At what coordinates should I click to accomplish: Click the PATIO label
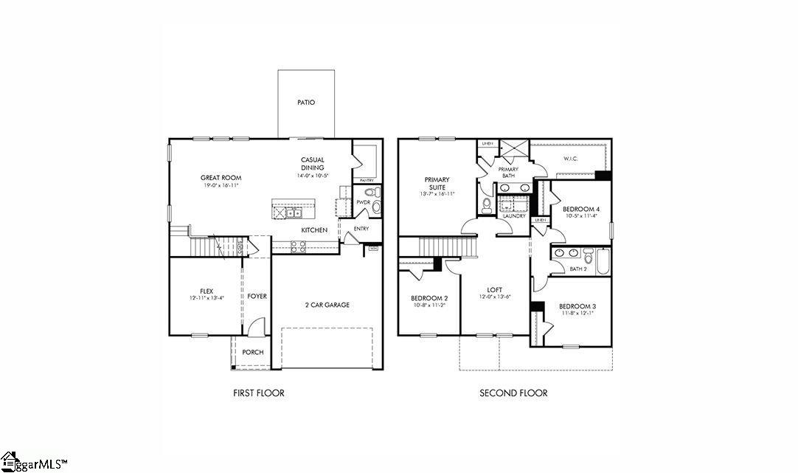(306, 103)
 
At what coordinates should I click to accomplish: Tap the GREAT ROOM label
(221, 178)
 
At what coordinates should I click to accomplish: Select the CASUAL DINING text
(312, 164)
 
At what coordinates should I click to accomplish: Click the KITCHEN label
(314, 230)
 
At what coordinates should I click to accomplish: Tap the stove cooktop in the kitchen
(298, 247)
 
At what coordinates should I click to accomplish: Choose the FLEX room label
(207, 291)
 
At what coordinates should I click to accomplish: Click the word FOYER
(257, 297)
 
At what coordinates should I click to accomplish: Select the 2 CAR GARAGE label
(327, 305)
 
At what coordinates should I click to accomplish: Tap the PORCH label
(253, 353)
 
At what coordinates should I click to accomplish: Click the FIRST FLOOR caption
(258, 393)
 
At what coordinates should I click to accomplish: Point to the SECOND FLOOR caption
(513, 393)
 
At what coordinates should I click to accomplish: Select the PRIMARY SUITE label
(437, 183)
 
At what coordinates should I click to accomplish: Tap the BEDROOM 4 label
(582, 210)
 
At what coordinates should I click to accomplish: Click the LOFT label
(495, 289)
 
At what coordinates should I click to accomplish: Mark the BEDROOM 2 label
(429, 299)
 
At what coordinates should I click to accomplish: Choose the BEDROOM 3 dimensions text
(577, 314)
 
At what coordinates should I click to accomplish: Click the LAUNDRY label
(514, 216)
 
